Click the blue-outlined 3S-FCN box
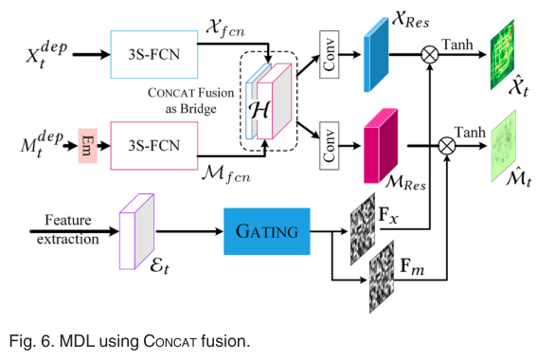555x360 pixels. pyautogui.click(x=155, y=53)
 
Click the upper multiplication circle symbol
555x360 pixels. pyautogui.click(x=430, y=54)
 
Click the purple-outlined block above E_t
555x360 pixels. pyautogui.click(x=136, y=230)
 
